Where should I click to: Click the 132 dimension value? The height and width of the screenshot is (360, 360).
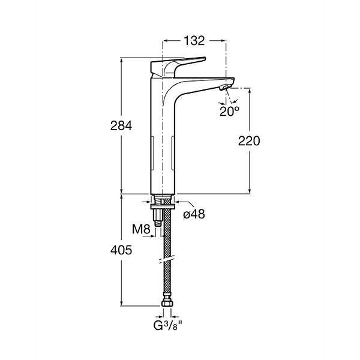[194, 41]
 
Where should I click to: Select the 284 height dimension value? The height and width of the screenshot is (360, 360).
[121, 126]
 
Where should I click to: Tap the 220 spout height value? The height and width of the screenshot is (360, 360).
[249, 141]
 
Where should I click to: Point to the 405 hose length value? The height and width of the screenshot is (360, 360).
[121, 250]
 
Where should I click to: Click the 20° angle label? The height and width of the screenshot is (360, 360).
[230, 112]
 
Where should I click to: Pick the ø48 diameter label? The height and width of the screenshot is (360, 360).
[194, 214]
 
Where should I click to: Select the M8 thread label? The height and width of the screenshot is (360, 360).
[141, 229]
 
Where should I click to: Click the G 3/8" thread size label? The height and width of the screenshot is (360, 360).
[168, 326]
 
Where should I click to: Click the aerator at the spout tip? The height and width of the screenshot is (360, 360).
[225, 87]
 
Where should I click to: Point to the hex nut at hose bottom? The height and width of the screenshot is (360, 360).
[167, 304]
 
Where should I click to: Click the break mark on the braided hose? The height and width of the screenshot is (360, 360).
[167, 259]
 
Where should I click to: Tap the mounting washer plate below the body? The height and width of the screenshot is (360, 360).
[163, 206]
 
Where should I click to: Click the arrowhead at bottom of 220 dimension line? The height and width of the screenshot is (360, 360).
[250, 191]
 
